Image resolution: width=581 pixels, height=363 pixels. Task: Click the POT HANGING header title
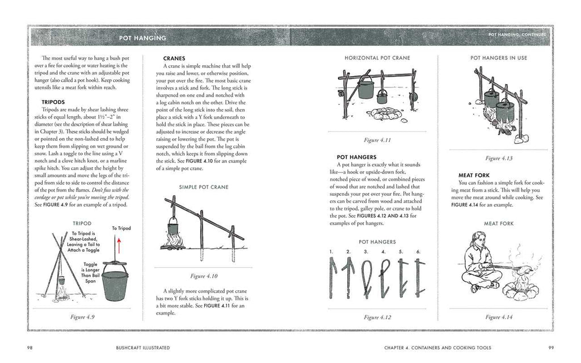(142, 38)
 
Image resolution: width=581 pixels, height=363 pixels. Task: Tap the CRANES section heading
(174, 58)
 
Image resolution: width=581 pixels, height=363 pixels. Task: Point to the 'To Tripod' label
(121, 228)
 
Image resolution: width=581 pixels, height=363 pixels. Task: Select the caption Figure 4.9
(82, 317)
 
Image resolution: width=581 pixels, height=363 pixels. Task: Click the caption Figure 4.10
(204, 276)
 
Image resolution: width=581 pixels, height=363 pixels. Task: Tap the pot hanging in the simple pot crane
(174, 231)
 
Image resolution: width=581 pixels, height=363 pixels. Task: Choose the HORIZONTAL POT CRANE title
(377, 58)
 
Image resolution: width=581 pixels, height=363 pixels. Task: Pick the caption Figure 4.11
(377, 140)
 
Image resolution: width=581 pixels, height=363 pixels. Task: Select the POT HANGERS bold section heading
(354, 157)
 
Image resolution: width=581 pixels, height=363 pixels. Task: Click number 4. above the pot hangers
(384, 251)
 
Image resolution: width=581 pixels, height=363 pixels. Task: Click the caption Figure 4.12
(377, 317)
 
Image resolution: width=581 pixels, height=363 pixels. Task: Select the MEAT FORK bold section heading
(474, 175)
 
